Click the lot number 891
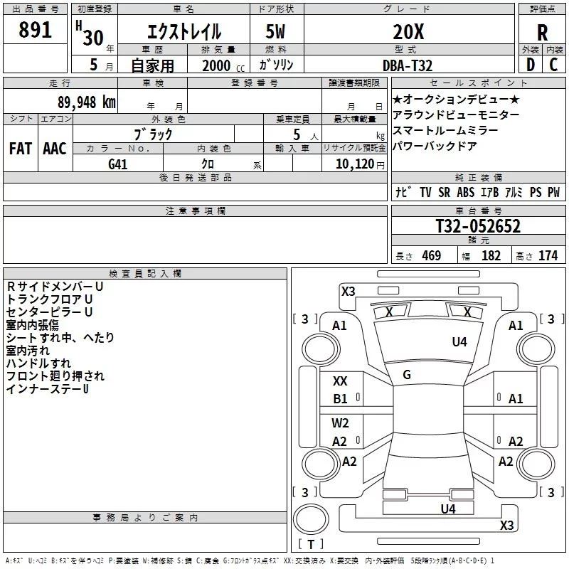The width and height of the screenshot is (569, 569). click(35, 30)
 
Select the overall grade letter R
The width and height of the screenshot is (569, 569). click(542, 33)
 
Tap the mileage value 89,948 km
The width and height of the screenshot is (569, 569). click(87, 102)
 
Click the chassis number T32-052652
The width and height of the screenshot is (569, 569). click(478, 225)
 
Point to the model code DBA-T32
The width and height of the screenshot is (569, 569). click(408, 65)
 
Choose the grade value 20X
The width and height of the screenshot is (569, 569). click(408, 32)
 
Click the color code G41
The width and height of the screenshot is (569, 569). click(118, 164)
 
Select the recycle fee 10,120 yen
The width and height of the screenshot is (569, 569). click(360, 164)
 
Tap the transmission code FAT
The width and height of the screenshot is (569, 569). click(21, 149)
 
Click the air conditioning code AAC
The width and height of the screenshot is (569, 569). click(55, 149)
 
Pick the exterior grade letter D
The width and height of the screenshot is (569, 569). click(531, 65)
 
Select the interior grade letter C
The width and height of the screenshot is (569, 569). click(553, 65)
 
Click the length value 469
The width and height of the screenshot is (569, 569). click(432, 255)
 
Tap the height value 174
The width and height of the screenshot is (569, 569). click(548, 255)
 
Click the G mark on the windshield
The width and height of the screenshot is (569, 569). click(407, 375)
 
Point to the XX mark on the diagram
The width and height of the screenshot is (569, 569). click(340, 381)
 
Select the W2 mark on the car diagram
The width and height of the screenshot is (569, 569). click(340, 423)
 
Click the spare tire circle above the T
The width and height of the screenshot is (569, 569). click(311, 519)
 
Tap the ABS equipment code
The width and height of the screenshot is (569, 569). click(466, 192)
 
